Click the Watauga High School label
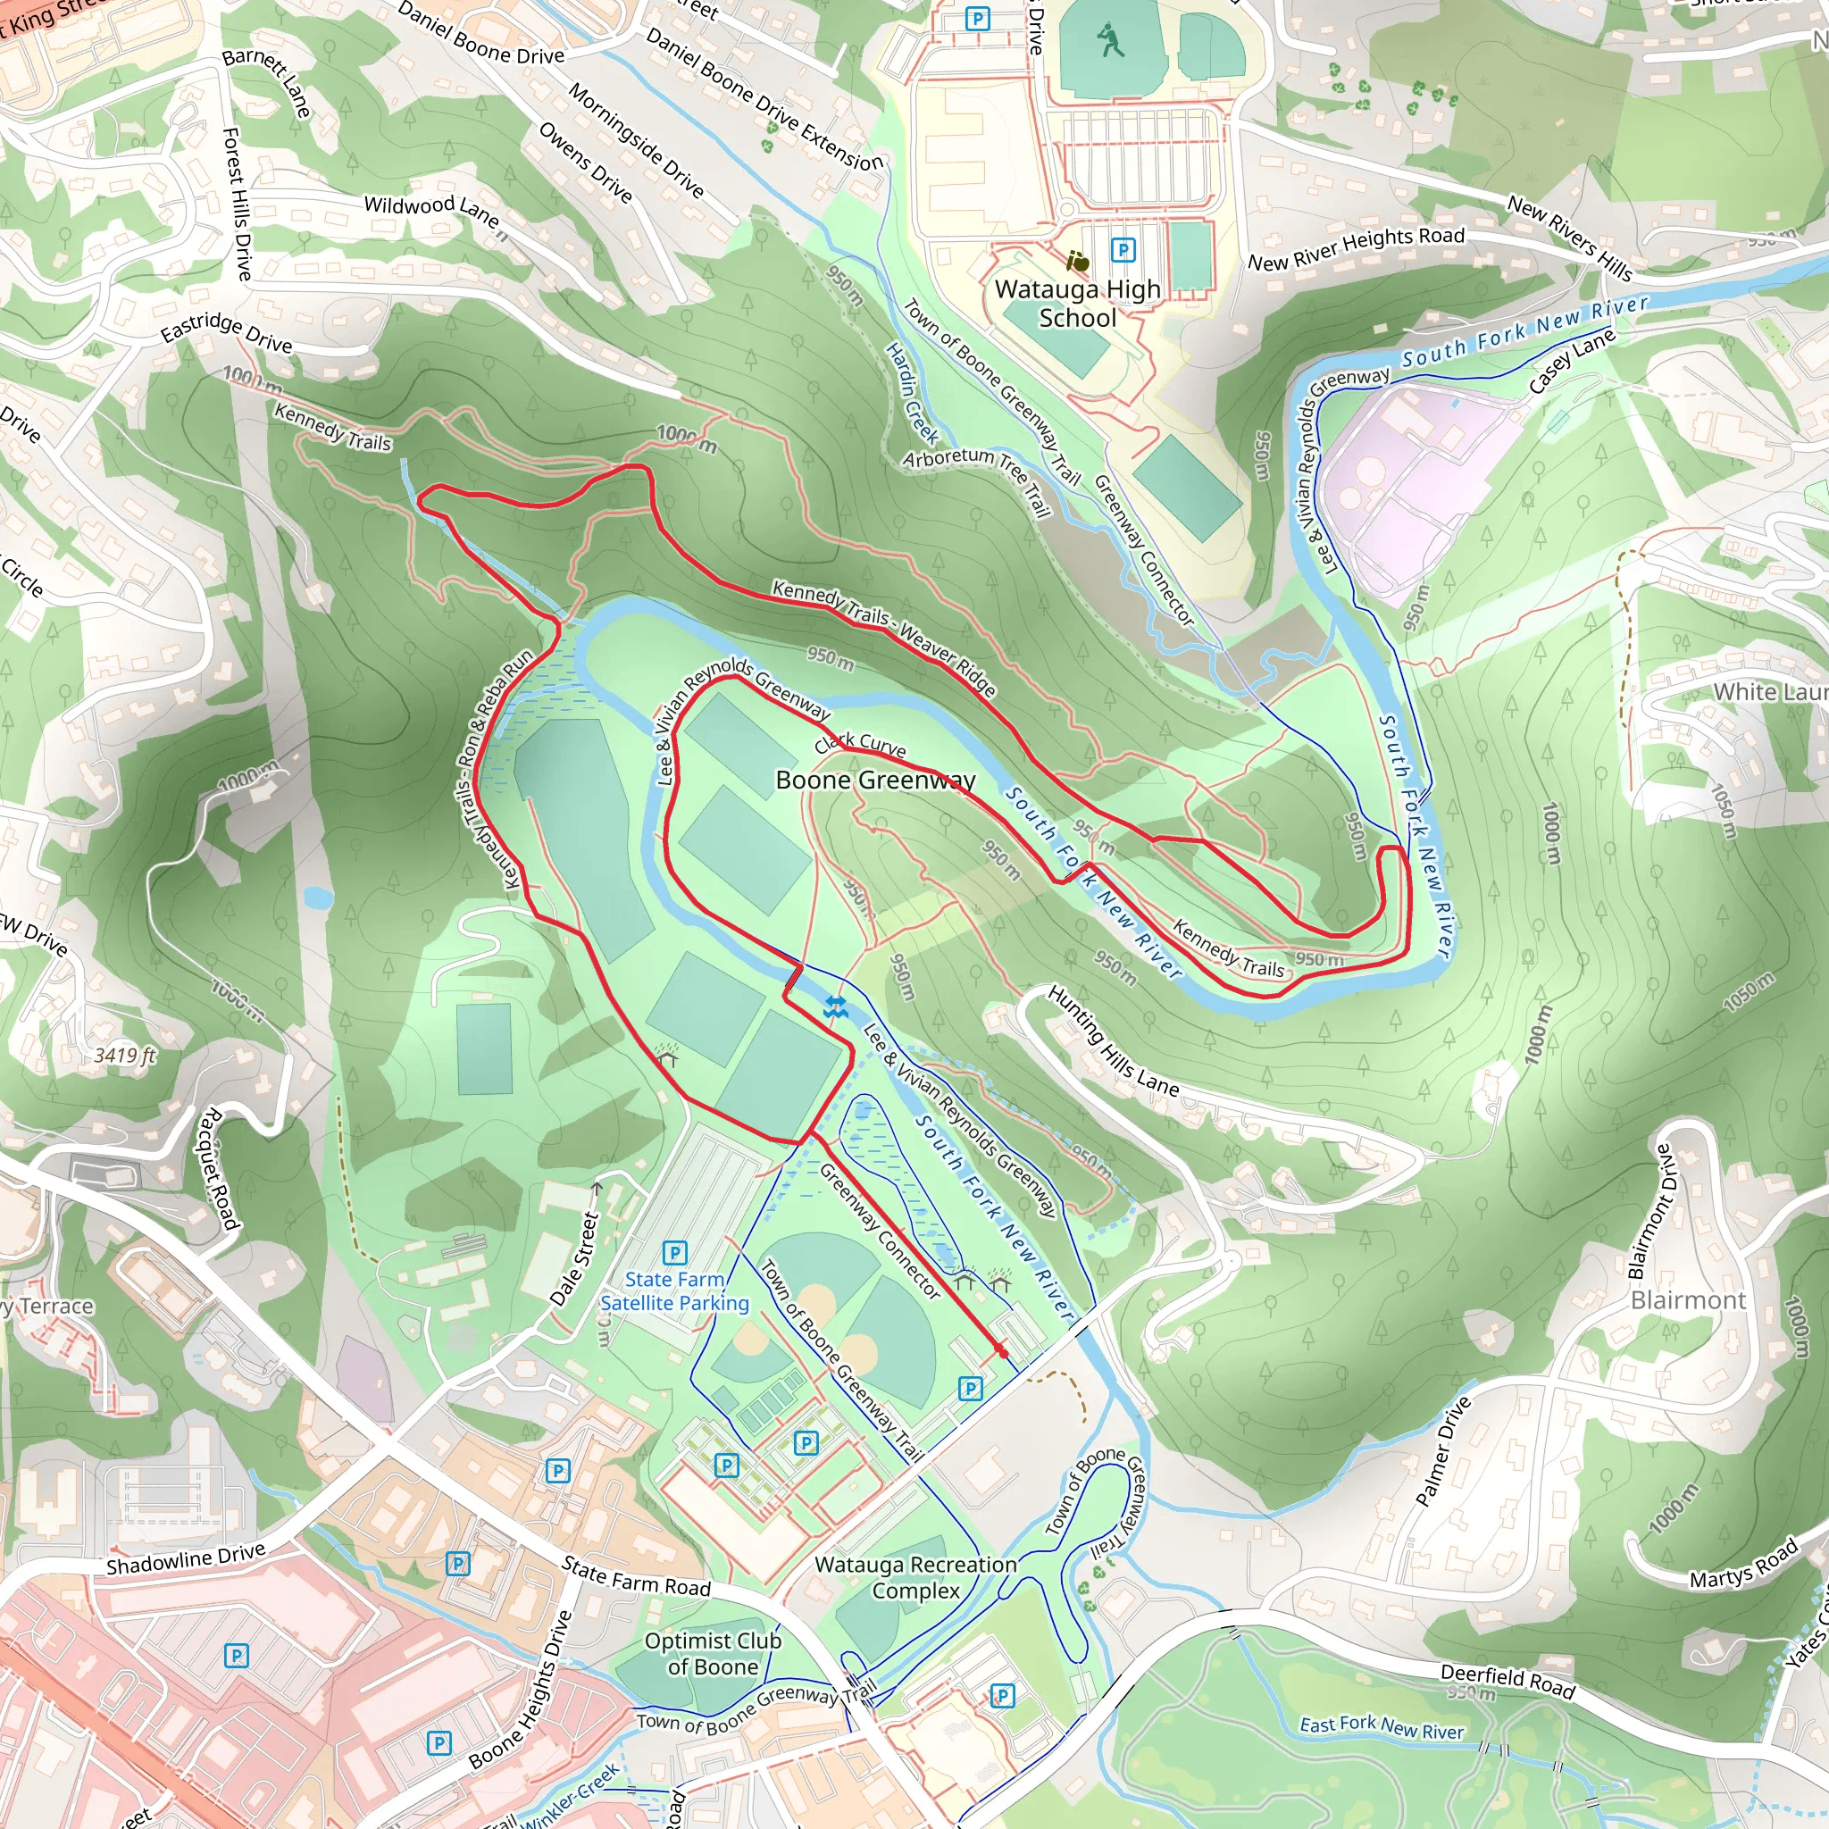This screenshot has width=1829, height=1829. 1077,303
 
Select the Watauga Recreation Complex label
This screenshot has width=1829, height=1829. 915,1577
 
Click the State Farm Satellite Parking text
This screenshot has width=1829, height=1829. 674,1291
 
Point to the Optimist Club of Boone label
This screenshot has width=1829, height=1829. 713,1653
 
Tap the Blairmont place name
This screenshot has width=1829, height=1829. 1688,1299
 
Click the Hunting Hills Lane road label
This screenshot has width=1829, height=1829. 1113,1040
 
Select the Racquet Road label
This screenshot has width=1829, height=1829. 220,1168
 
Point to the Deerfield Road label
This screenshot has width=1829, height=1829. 1507,1681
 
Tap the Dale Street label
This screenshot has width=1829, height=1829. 577,1258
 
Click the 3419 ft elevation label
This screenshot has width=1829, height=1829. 125,1055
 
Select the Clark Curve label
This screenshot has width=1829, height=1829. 860,743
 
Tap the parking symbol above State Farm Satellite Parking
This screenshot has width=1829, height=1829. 674,1252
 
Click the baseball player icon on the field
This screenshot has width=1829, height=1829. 1110,41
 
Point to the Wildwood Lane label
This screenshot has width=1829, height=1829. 431,210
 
